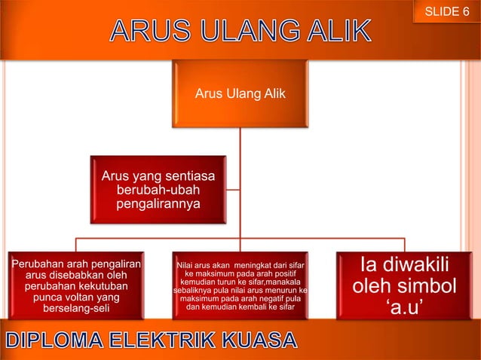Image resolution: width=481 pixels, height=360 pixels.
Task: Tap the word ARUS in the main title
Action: click(146, 32)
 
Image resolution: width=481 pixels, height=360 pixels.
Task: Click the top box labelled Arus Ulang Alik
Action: click(240, 94)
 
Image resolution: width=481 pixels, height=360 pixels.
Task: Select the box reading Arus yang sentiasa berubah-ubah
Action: click(158, 190)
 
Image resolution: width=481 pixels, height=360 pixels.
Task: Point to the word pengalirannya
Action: click(158, 204)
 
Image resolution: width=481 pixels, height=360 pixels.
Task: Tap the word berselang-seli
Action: click(76, 309)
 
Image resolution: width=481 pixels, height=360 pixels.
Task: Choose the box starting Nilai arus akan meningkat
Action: click(240, 285)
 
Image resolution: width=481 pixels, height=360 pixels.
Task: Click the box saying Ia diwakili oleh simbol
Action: click(405, 285)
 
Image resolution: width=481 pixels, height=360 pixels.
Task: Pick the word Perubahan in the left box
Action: click(38, 264)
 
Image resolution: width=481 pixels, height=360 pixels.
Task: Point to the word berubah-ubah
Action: click(158, 191)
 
